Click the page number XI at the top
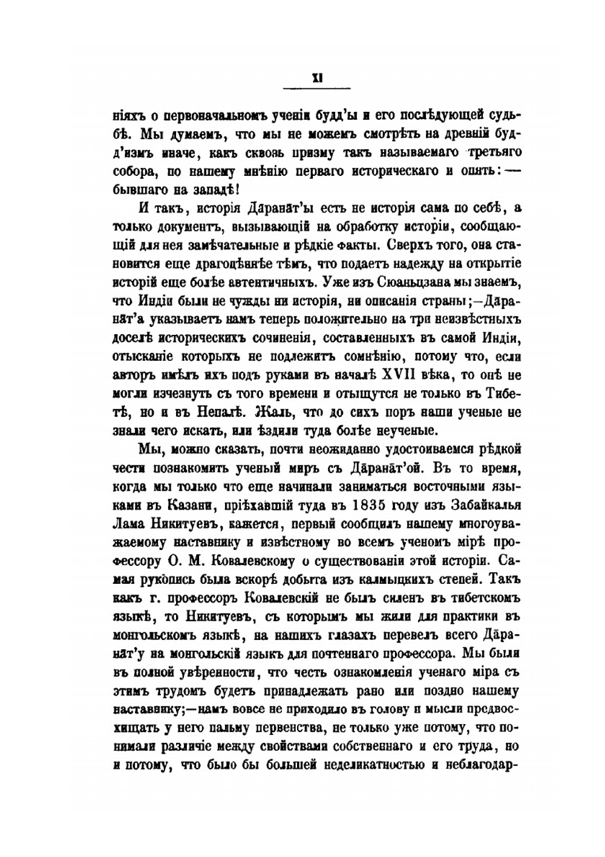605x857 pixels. (315, 77)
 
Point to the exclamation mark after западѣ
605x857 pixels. (240, 189)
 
